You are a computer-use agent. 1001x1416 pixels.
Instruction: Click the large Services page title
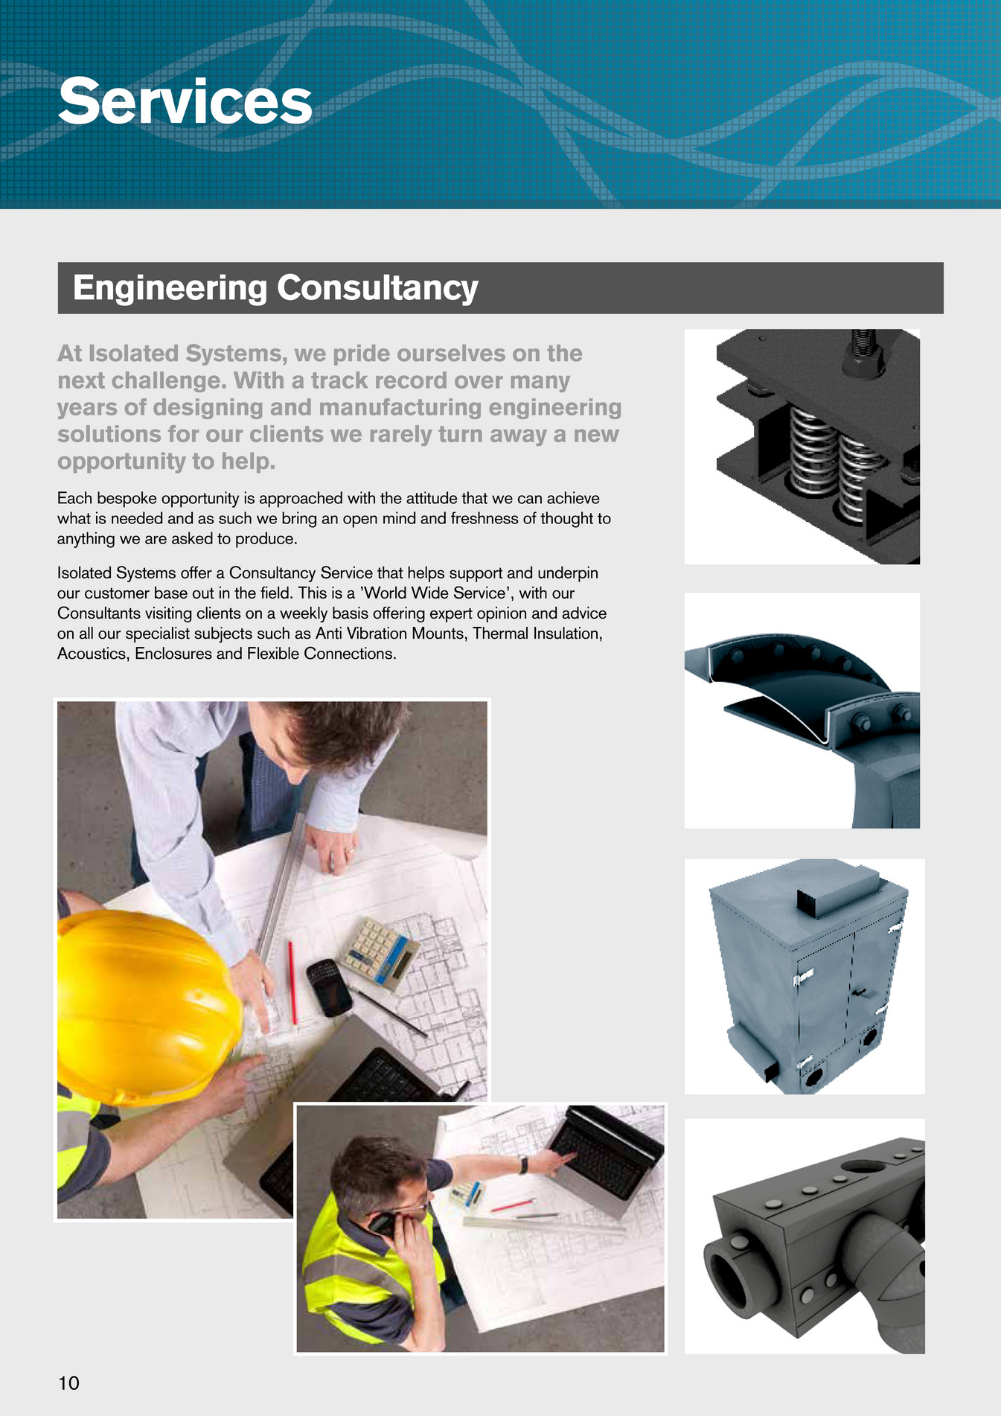tap(185, 101)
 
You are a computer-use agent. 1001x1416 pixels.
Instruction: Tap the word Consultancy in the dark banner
tap(377, 288)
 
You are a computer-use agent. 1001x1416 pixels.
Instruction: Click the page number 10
tap(68, 1383)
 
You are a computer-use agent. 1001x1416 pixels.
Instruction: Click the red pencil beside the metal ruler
tap(292, 982)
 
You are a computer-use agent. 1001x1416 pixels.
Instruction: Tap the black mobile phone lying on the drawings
tap(328, 986)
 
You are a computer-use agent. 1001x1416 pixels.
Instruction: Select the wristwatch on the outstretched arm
tap(524, 1165)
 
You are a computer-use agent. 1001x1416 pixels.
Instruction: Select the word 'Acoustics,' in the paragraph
tap(94, 654)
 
